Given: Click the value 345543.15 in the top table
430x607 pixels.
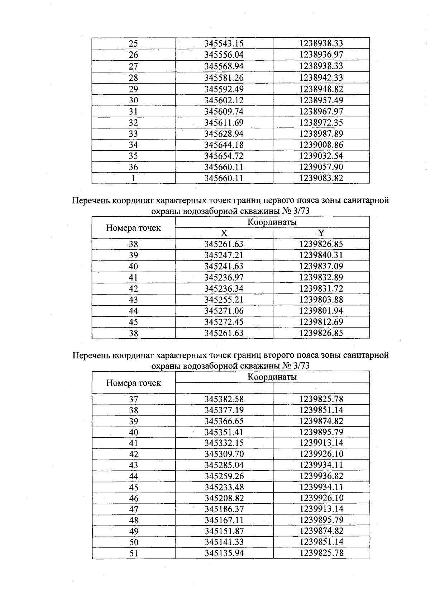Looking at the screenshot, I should point(224,43).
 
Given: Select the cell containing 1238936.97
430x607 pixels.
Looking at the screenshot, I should point(321,55).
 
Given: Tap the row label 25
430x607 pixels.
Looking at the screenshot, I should point(133,44).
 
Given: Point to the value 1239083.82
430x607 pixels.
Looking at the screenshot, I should point(321,178).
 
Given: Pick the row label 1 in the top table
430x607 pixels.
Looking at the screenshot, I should point(133,178).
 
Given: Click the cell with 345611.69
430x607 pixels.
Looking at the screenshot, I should point(224,123).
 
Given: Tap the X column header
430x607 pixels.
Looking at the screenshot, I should point(224,233).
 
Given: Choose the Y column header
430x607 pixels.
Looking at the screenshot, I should point(321,233).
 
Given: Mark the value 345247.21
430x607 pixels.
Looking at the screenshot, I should point(224,255).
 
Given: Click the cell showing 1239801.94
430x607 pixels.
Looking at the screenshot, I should point(321,311).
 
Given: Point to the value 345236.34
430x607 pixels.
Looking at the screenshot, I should point(224,288).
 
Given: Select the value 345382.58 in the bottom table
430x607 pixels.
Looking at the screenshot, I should point(224,399).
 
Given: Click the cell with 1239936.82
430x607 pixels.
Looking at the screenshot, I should point(321,476).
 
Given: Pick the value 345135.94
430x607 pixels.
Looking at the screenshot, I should point(224,553).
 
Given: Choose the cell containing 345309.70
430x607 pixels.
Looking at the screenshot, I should point(224,454).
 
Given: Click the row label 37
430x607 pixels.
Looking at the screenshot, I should point(133,399).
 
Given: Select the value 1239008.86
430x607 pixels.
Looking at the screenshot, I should point(321,145).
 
